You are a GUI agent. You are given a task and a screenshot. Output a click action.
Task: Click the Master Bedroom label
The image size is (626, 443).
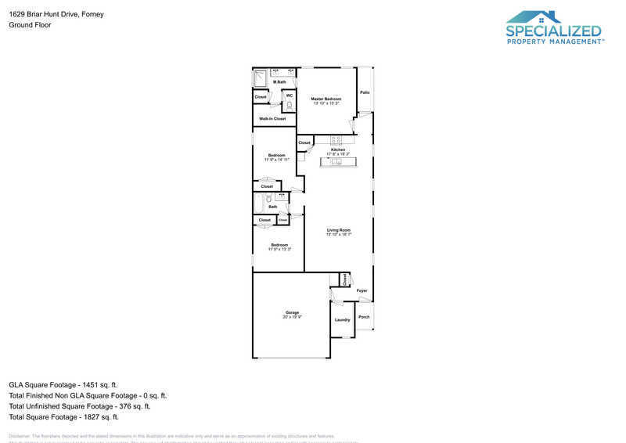coord(326,99)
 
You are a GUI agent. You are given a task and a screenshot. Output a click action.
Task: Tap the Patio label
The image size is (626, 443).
coord(365,92)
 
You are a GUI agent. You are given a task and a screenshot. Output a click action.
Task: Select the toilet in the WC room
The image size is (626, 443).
coord(289,103)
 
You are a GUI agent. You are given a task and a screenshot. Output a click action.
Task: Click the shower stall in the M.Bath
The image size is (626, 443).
coord(261,78)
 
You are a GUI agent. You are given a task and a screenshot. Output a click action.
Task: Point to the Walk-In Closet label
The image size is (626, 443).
coord(272,119)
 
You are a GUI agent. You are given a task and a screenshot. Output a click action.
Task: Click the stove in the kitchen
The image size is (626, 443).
coord(336,140)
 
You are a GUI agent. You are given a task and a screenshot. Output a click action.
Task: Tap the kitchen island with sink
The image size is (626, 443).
coord(337,162)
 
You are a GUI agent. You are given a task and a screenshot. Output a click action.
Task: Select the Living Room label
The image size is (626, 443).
coord(339,230)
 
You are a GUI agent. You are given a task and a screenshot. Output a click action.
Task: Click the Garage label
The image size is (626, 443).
coord(292,312)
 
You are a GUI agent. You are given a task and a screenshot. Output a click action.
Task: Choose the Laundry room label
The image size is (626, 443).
coord(342,320)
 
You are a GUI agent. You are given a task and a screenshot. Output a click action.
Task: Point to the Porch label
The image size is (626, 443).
coord(364,317)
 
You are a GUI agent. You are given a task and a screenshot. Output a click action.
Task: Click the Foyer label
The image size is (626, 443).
coord(362,290)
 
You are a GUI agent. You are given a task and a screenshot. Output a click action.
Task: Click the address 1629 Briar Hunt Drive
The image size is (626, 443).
coord(56,14)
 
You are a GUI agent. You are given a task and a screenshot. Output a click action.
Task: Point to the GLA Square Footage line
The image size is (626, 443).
coord(63,384)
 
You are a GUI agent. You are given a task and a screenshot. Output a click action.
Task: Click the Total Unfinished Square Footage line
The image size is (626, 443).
coord(79,406)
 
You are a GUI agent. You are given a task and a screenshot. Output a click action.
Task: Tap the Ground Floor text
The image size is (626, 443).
coord(30,25)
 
